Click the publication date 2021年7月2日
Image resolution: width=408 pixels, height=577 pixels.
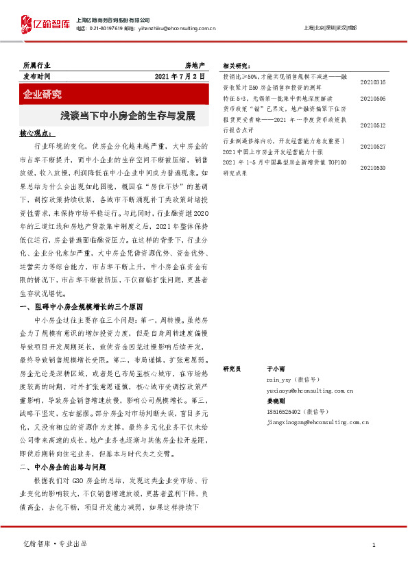(x=180, y=76)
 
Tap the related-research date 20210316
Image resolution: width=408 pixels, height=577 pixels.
(x=372, y=82)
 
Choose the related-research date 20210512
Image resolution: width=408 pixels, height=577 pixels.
(x=372, y=125)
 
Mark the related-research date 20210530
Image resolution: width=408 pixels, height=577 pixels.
(x=372, y=167)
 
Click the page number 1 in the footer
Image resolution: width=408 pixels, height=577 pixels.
(x=373, y=544)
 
